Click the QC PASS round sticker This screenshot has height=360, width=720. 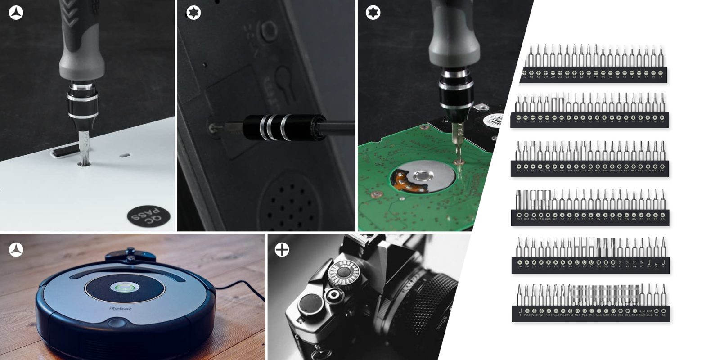148,217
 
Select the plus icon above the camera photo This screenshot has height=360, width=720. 282,249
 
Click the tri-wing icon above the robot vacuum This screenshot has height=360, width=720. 16,249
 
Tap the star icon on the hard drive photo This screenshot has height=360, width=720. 373,13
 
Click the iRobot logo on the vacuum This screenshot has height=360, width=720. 121,309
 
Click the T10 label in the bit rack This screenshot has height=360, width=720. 519,171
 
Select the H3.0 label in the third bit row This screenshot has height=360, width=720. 662,171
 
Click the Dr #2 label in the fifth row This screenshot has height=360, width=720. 620,264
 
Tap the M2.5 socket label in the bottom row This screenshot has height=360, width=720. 585,315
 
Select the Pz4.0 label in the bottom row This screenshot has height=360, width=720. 570,315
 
